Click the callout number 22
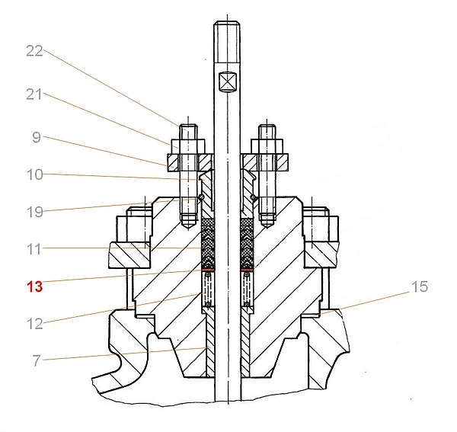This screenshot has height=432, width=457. [x=34, y=51]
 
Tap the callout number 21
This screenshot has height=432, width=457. [x=34, y=94]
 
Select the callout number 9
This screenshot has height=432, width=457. [x=36, y=137]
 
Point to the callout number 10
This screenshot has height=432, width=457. [x=35, y=174]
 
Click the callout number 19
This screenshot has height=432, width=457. [x=35, y=212]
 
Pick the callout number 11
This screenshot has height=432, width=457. [x=34, y=249]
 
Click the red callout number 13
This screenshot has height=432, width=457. [x=35, y=286]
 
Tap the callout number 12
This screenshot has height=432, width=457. [x=35, y=324]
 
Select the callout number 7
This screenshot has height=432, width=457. [x=36, y=361]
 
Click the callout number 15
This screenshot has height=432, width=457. [x=420, y=286]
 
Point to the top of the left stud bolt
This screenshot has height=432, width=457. [x=188, y=126]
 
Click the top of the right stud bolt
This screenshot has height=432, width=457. [x=267, y=126]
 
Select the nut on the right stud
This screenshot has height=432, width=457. [x=267, y=146]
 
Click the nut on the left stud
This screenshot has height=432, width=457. [x=188, y=146]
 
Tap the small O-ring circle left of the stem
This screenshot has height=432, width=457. [x=201, y=197]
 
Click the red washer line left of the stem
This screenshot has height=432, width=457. [x=208, y=270]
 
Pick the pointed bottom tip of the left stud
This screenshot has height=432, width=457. [x=188, y=229]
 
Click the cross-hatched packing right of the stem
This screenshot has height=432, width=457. [x=247, y=244]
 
